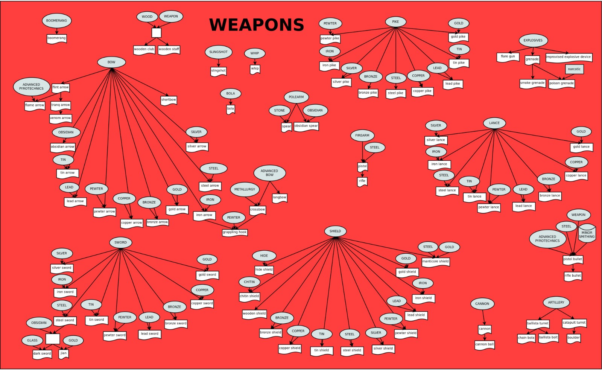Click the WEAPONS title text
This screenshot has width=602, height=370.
tap(256, 25)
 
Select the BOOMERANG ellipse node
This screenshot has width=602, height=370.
tap(56, 21)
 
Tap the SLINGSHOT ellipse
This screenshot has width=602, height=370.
tap(218, 52)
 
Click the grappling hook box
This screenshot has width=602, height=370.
tap(234, 232)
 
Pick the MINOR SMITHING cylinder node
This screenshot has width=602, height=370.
tap(587, 234)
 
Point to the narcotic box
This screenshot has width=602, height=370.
tap(574, 69)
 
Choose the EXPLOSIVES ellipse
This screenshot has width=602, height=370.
tap(533, 40)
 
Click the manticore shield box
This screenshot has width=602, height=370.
tap(435, 261)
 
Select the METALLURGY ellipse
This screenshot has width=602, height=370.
tap(245, 189)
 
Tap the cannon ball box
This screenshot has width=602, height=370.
tap(484, 344)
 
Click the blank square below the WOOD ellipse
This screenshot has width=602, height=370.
tap(157, 33)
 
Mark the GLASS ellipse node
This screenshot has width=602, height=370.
tap(32, 340)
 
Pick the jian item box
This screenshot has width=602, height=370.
tap(64, 353)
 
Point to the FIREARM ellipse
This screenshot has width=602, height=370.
tap(362, 136)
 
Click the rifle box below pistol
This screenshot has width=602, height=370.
tap(362, 181)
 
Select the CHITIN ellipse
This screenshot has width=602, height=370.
tap(249, 282)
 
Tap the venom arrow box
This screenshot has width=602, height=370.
tap(61, 118)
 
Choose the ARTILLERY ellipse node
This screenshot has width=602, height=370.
tap(556, 302)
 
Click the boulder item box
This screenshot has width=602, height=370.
tap(573, 338)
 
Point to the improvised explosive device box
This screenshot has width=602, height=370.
tap(569, 57)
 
